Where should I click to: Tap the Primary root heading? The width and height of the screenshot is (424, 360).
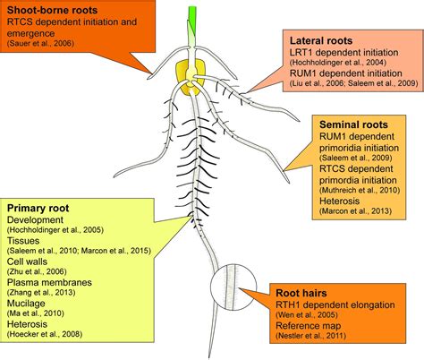(43, 205)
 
